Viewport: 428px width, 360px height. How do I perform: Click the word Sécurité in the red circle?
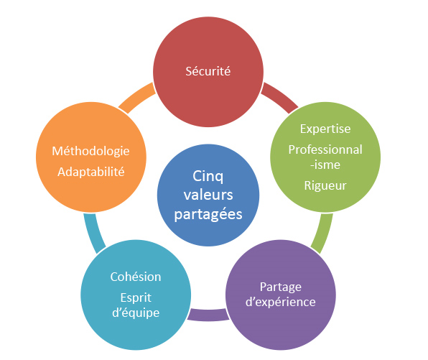tap(208, 71)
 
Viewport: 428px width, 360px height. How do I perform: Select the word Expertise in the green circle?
tap(325, 129)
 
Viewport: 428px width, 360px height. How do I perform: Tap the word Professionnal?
tap(325, 149)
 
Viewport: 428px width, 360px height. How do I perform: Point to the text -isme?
tap(325, 165)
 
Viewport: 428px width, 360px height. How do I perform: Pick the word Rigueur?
tap(325, 186)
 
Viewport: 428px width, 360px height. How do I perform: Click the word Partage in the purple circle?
tap(281, 287)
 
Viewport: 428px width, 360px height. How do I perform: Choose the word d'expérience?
tap(281, 303)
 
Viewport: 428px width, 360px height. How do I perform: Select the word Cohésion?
tap(136, 277)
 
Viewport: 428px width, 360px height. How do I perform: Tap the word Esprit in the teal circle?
tap(136, 298)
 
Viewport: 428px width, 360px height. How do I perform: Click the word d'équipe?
tap(136, 313)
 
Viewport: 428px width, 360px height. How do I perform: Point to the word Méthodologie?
tap(90, 152)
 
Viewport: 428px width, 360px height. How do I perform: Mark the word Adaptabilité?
tap(91, 172)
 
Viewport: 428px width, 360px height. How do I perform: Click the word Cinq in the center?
tap(208, 176)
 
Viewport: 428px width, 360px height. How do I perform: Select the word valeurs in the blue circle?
tap(208, 195)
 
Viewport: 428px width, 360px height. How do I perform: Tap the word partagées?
tap(208, 214)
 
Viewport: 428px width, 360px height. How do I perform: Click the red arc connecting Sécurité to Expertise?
tap(281, 96)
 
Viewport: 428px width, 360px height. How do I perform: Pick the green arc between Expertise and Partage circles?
tap(323, 234)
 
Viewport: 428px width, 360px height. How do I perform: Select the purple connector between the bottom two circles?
tap(208, 315)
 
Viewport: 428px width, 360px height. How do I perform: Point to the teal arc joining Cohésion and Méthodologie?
tap(93, 234)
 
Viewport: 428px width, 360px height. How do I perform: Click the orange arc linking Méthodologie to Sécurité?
tap(136, 97)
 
